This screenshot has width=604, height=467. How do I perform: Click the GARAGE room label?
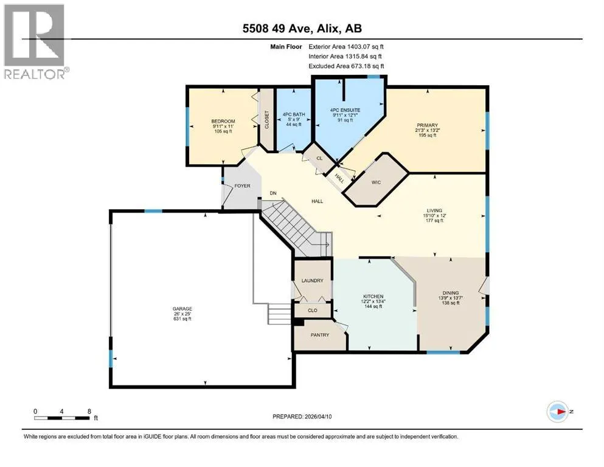point(182,309)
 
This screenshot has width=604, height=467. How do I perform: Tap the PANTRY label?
point(320,335)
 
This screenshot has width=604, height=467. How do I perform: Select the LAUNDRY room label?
point(313,281)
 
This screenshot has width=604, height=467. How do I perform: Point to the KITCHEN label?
point(373,297)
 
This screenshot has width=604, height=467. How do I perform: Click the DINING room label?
point(451,293)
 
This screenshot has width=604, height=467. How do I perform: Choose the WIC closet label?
point(376,182)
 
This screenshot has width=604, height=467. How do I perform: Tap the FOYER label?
point(242,186)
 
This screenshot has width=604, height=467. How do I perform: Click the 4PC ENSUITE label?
point(345,110)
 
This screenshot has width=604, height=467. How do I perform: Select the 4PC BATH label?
point(294,114)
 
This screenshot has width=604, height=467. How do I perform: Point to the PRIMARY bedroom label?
point(427,125)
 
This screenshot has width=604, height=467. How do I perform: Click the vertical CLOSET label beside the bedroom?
point(266,120)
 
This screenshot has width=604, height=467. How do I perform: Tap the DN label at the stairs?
point(273,193)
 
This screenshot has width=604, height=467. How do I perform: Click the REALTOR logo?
point(35,41)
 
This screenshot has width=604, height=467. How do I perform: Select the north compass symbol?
point(558,412)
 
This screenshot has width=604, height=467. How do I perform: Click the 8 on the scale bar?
point(89,411)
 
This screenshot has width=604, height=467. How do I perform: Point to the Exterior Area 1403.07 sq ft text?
point(346,47)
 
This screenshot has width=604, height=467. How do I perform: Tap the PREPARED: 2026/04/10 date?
point(302,417)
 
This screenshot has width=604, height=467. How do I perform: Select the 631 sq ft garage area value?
point(182,319)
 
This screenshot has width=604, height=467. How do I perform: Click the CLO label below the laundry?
point(313,310)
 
